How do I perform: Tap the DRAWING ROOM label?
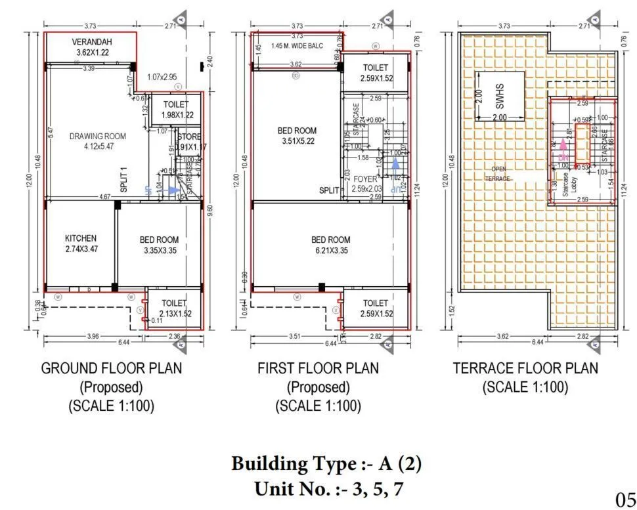click(98, 137)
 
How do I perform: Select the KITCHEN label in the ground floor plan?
click(81, 238)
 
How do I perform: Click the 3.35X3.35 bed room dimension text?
click(159, 251)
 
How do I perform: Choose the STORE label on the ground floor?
click(190, 137)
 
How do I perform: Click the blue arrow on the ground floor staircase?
click(172, 190)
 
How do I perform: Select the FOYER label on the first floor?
click(364, 179)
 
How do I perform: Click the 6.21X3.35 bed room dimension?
click(330, 251)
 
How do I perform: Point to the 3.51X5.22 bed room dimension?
click(297, 141)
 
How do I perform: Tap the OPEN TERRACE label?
click(497, 173)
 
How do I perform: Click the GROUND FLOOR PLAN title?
click(112, 368)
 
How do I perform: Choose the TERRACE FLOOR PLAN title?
click(525, 368)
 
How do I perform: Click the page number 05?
click(625, 499)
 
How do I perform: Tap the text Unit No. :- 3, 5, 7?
click(326, 489)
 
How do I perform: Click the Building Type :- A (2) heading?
click(326, 465)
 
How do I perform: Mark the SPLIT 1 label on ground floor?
click(123, 179)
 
